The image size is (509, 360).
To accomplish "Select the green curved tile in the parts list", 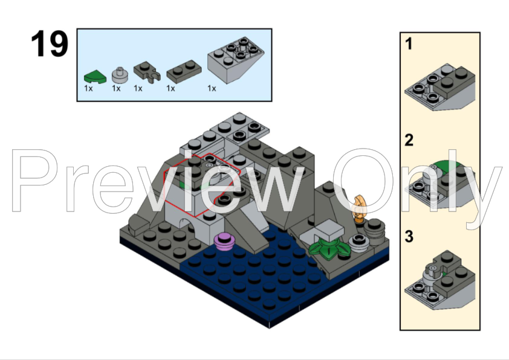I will tap(93, 76).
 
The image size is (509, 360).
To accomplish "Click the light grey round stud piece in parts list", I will tap(120, 74).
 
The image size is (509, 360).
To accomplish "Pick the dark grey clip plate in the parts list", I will tap(146, 72).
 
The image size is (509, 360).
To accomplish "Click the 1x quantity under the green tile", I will tap(88, 88).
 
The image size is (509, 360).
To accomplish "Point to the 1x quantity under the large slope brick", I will tap(212, 88).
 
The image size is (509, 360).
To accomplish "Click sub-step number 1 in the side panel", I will tap(409, 44).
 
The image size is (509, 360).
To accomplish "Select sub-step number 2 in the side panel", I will tap(409, 141).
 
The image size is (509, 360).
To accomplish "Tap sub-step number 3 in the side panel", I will tap(409, 237).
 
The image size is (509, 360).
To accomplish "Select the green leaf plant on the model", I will tap(327, 248).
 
